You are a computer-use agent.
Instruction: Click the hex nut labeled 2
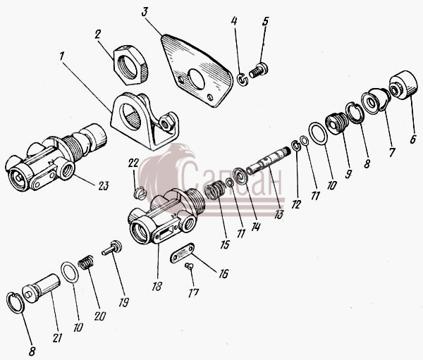point(131,66)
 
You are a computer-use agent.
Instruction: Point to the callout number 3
point(145,12)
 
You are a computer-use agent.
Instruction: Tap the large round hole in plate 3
point(197,79)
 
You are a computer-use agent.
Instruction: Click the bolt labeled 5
point(258,70)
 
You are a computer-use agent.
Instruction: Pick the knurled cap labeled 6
point(403,85)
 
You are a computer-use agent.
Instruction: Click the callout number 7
point(392,152)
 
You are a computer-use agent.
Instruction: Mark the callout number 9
point(348,173)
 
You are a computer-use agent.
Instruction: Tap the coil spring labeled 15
point(214,190)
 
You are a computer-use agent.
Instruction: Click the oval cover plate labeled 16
point(183,253)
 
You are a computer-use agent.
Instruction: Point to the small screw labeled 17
point(189,267)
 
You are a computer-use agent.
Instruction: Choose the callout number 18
point(157,286)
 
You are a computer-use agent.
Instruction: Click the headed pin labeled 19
point(112,248)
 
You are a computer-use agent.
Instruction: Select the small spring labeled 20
point(86,262)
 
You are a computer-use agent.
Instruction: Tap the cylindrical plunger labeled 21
point(41,288)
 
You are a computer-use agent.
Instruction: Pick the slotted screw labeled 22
point(140,193)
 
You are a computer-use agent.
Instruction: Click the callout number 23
point(103,186)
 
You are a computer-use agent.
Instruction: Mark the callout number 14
point(255,227)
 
